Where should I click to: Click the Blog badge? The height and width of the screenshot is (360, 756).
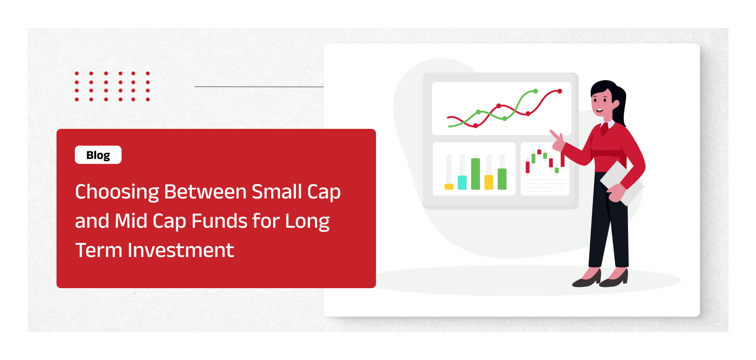click(98, 155)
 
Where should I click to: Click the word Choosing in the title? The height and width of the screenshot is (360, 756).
click(117, 192)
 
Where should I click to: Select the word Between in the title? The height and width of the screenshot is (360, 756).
click(205, 192)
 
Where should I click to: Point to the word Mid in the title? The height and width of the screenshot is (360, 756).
click(131, 221)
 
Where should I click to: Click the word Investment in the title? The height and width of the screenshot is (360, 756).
click(181, 250)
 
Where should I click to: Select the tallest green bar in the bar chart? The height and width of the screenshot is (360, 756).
click(475, 174)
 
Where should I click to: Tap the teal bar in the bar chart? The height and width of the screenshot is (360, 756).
click(462, 182)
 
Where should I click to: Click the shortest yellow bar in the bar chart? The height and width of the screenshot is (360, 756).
click(449, 187)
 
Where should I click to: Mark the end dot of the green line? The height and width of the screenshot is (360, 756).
click(536, 91)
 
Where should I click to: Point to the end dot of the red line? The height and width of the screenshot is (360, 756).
click(560, 91)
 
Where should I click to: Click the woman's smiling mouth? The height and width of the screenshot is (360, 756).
click(599, 111)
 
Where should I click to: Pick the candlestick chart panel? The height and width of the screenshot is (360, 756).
click(545, 169)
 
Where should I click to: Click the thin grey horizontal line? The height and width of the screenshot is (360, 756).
click(259, 87)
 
